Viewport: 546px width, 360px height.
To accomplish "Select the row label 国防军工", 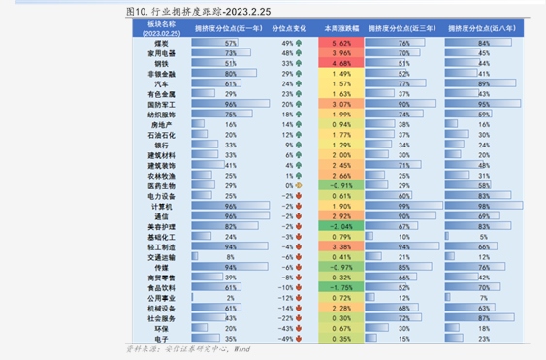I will point(160,104).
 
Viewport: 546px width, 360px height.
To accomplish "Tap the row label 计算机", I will point(161,206).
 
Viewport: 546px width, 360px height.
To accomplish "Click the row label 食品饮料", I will point(160,287).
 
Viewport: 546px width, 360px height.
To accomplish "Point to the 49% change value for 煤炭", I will point(287,44).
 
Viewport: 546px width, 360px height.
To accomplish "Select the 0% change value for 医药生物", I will point(287,185).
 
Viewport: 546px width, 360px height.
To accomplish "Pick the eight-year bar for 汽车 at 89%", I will point(481,83).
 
